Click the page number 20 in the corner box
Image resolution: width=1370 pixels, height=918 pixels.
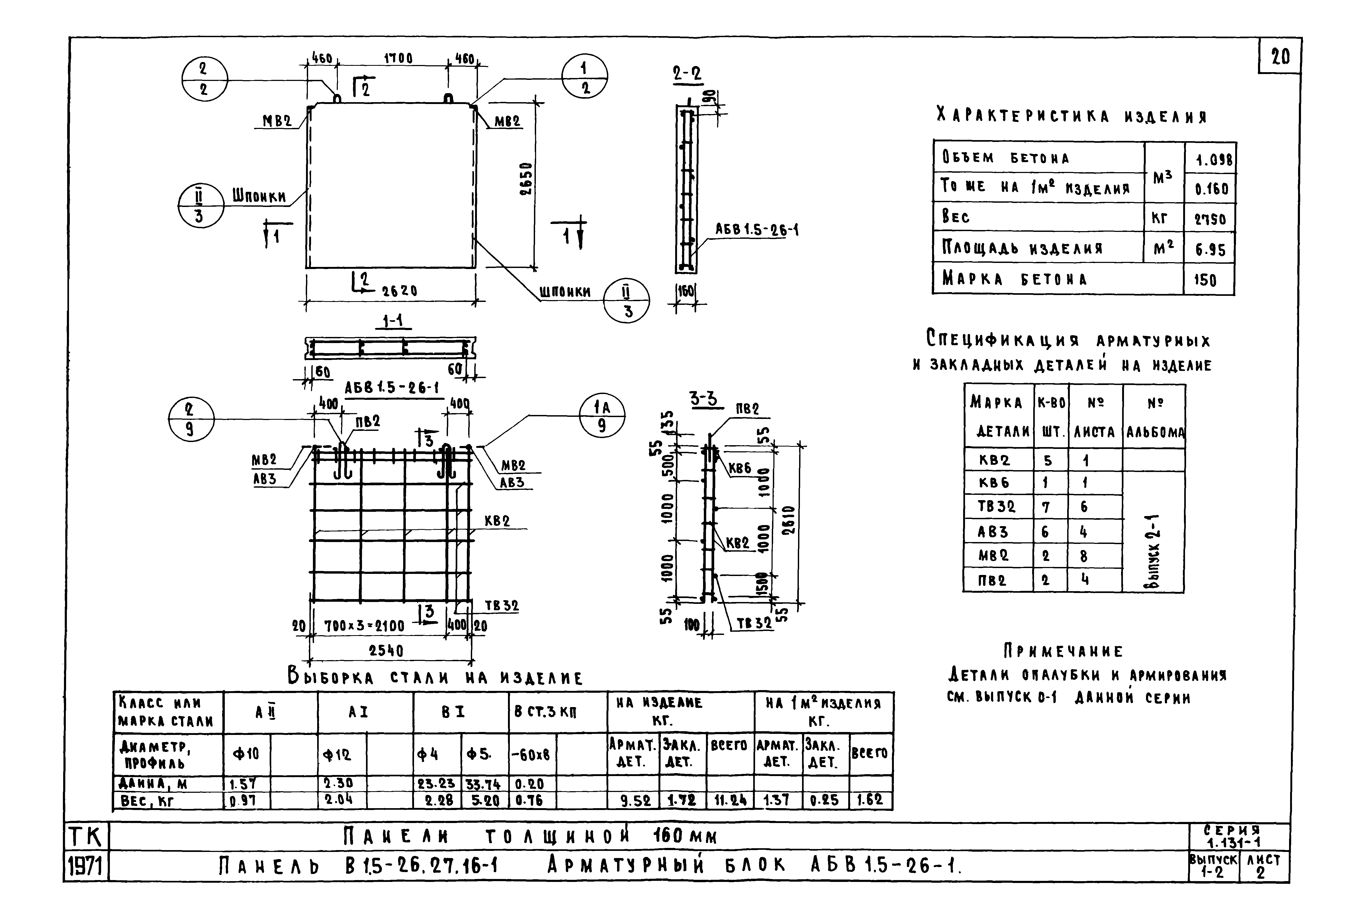(x=1280, y=57)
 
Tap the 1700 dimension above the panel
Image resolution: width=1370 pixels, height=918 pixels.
(x=398, y=59)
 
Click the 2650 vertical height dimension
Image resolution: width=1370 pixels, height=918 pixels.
(x=526, y=179)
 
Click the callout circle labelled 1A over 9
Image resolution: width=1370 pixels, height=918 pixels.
(x=602, y=416)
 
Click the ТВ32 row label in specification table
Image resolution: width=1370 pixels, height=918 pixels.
(x=997, y=506)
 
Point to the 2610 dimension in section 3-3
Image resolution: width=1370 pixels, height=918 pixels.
(x=789, y=521)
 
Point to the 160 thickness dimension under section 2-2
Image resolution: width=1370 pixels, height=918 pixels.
(x=686, y=291)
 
